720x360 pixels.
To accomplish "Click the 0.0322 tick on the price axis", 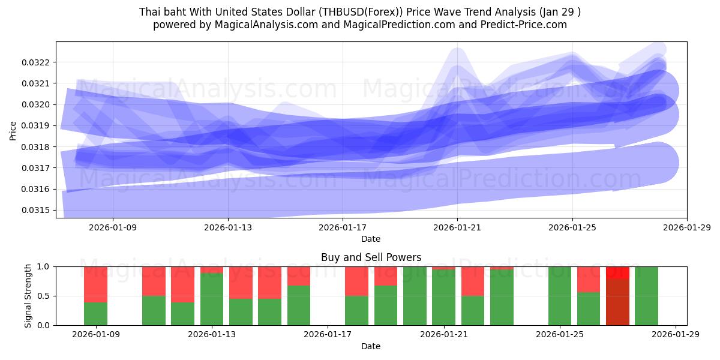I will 38,62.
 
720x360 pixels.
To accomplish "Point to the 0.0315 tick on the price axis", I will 38,210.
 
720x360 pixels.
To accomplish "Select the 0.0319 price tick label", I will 38,126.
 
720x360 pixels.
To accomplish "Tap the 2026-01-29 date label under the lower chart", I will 676,335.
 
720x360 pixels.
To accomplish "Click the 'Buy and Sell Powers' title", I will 371,257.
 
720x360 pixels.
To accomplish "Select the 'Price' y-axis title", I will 13,130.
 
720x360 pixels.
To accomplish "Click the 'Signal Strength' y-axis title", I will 28,296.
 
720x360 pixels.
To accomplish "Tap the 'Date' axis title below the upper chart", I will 371,239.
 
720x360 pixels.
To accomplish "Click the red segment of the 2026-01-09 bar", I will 95,284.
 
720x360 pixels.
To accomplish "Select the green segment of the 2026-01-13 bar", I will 211,299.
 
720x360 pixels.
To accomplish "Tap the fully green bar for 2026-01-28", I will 646,296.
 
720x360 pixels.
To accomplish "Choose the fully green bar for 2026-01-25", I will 559,296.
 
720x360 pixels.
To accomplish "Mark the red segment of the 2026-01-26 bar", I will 588,279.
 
